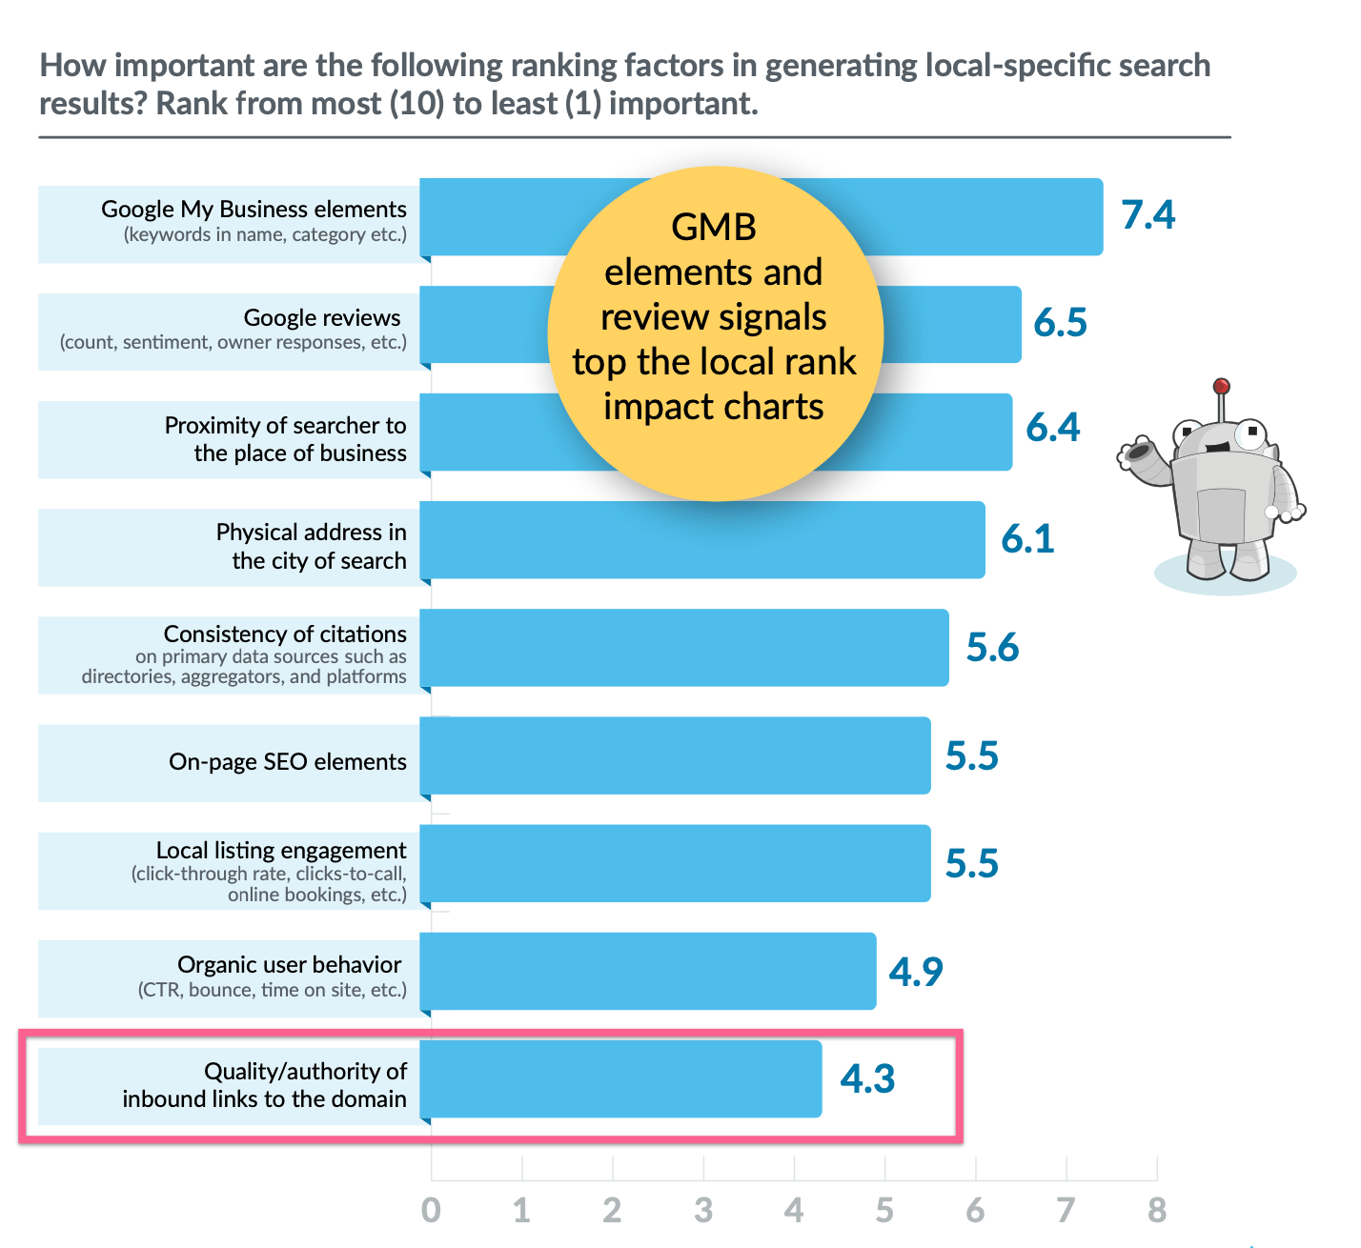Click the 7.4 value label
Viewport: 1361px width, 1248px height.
[1148, 215]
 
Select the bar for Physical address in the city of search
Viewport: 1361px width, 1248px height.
[702, 540]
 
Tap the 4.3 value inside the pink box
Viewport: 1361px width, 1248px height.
[867, 1079]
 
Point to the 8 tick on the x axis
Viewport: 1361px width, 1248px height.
[1156, 1211]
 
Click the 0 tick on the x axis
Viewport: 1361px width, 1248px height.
[431, 1211]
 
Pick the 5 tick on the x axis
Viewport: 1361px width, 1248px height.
[884, 1211]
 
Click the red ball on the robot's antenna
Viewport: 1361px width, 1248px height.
[1221, 387]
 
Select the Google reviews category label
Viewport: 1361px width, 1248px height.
[322, 318]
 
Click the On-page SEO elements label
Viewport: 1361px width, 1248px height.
[287, 762]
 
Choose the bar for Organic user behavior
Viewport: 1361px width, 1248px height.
[648, 972]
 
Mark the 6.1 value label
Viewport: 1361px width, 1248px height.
[1027, 539]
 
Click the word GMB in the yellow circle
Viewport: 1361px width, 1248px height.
[714, 228]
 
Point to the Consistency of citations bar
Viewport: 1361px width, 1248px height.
[684, 648]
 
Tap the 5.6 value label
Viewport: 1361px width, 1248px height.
[992, 648]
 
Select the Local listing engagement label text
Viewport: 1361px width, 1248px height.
[281, 850]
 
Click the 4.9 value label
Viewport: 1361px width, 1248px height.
[915, 972]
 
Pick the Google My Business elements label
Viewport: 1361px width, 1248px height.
[254, 210]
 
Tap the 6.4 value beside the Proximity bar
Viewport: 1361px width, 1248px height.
[1052, 428]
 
